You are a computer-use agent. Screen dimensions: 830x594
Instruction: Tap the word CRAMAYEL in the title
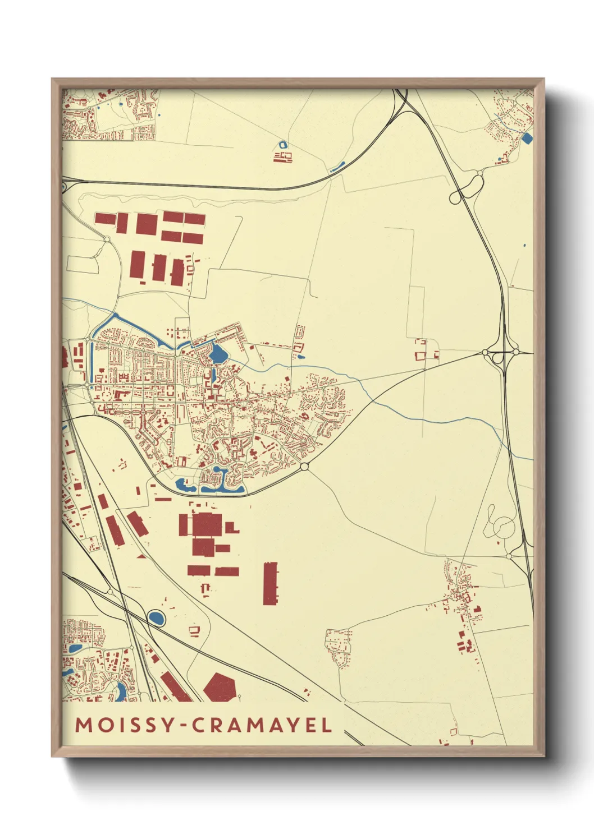click(x=262, y=725)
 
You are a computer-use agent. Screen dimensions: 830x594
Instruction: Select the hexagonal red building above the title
click(x=220, y=688)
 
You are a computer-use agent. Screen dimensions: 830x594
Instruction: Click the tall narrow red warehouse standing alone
click(x=270, y=584)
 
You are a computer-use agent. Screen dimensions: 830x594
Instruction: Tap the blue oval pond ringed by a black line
click(x=156, y=619)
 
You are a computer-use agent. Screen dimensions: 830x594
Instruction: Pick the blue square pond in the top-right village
click(x=526, y=138)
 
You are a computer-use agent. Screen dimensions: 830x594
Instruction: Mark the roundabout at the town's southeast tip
click(x=304, y=467)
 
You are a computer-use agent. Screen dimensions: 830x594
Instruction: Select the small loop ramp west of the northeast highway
click(x=455, y=197)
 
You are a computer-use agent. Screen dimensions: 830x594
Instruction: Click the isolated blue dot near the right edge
click(x=524, y=245)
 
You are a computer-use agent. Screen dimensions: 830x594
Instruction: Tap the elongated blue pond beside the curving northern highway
click(x=337, y=167)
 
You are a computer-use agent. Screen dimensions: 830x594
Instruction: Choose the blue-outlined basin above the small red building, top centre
click(x=282, y=145)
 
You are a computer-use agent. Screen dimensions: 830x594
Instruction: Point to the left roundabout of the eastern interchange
click(x=485, y=352)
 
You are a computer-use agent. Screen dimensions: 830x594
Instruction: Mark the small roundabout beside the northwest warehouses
click(x=107, y=240)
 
